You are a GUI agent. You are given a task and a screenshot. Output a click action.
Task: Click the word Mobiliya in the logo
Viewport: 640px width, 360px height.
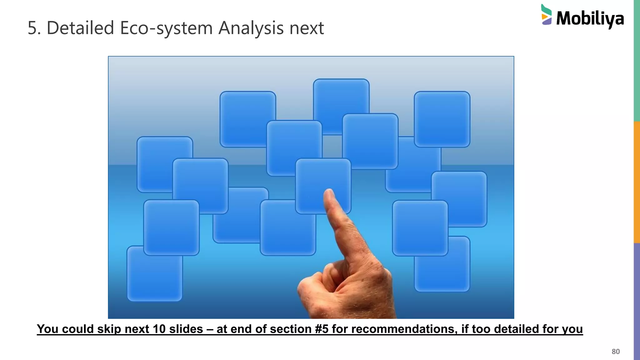590,19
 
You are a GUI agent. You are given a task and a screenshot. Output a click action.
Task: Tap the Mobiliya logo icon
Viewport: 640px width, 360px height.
546,15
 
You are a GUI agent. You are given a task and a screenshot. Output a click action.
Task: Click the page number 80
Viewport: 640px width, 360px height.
615,352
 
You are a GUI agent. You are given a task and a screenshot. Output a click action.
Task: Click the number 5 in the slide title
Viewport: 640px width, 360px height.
32,28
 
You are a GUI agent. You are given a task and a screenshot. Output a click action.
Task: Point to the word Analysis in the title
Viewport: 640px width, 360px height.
251,28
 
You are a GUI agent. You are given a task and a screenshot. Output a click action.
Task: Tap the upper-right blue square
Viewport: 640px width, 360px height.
442,119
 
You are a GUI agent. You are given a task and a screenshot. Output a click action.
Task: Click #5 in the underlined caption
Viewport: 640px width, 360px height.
322,329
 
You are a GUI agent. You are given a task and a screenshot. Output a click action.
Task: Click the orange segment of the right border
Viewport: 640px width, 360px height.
637,182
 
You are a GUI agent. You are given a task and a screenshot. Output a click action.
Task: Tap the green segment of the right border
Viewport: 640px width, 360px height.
637,61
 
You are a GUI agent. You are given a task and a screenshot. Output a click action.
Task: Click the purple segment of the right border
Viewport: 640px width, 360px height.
637,302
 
